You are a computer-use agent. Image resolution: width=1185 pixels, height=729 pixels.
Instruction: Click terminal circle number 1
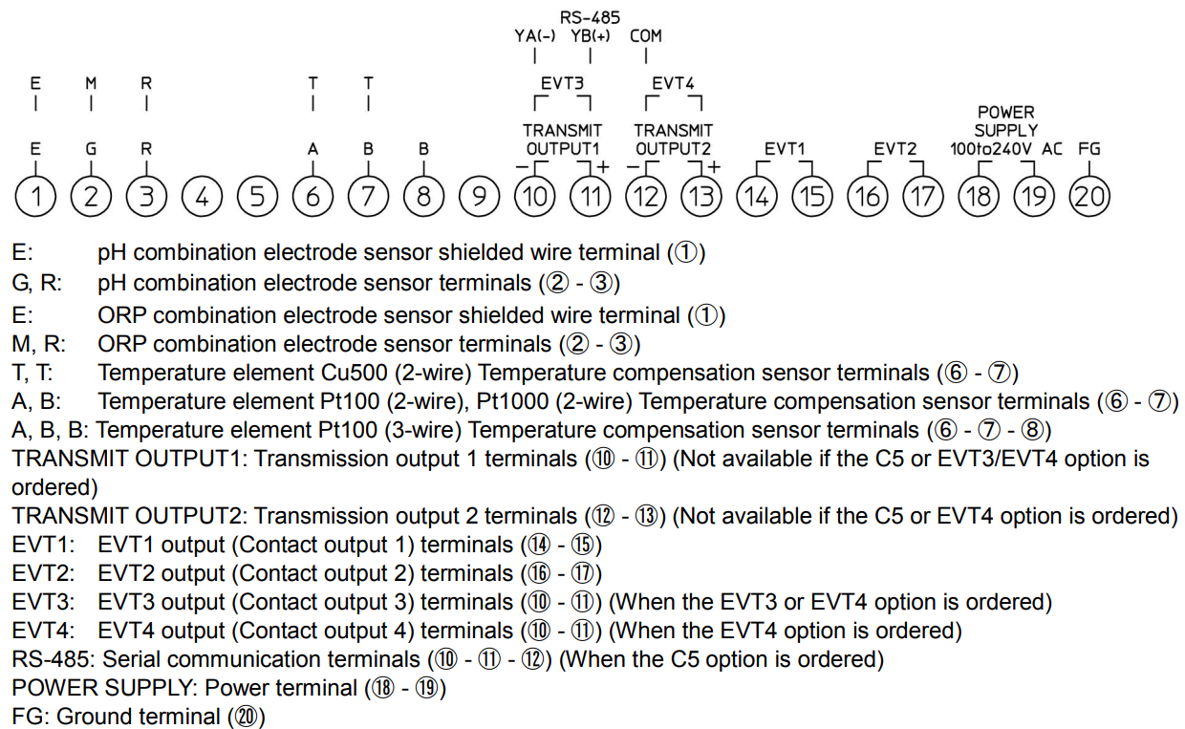pyautogui.click(x=35, y=197)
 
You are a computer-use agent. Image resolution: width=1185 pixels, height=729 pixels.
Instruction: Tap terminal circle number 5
pyautogui.click(x=257, y=197)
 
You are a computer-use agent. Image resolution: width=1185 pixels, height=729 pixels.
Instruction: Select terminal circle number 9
pyautogui.click(x=480, y=197)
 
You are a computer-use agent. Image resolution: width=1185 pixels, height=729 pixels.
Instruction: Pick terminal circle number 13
pyautogui.click(x=701, y=197)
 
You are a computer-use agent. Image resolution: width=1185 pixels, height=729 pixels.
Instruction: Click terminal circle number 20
pyautogui.click(x=1089, y=197)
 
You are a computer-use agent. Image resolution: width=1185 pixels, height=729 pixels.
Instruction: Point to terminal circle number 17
pyautogui.click(x=923, y=197)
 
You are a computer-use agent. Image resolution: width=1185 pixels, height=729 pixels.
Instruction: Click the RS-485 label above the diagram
pyautogui.click(x=590, y=16)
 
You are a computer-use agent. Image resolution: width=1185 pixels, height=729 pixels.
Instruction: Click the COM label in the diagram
pyautogui.click(x=646, y=36)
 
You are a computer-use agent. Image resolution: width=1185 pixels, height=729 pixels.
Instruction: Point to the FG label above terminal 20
pyautogui.click(x=1089, y=149)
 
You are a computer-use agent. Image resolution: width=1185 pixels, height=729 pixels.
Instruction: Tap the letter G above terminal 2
pyautogui.click(x=91, y=149)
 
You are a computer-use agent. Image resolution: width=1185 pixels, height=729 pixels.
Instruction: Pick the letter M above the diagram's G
pyautogui.click(x=91, y=83)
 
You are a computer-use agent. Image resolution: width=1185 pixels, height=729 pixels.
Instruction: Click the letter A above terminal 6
pyautogui.click(x=312, y=149)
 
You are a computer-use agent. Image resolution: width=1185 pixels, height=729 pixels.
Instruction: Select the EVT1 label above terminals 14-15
pyautogui.click(x=785, y=149)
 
